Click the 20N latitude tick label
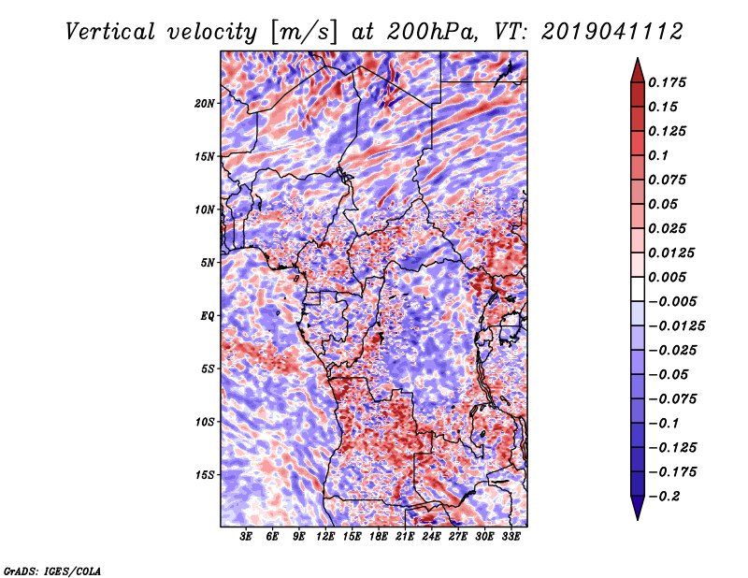pos(205,104)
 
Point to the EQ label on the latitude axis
pos(208,316)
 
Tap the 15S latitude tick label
pos(205,475)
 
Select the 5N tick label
pos(208,263)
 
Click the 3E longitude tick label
pos(246,536)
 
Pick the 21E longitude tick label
pos(405,536)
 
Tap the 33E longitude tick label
pos(511,536)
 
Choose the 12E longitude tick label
pos(325,536)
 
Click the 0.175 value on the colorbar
pos(668,82)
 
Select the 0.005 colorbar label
pos(668,277)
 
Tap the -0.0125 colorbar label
pos(677,326)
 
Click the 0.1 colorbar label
pos(658,155)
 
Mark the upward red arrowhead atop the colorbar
pos(638,70)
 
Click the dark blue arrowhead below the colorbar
pos(638,508)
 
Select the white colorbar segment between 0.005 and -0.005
pos(638,289)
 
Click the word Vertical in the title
pos(110,32)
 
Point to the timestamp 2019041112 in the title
pos(612,32)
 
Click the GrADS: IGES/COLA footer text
pos(52,571)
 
